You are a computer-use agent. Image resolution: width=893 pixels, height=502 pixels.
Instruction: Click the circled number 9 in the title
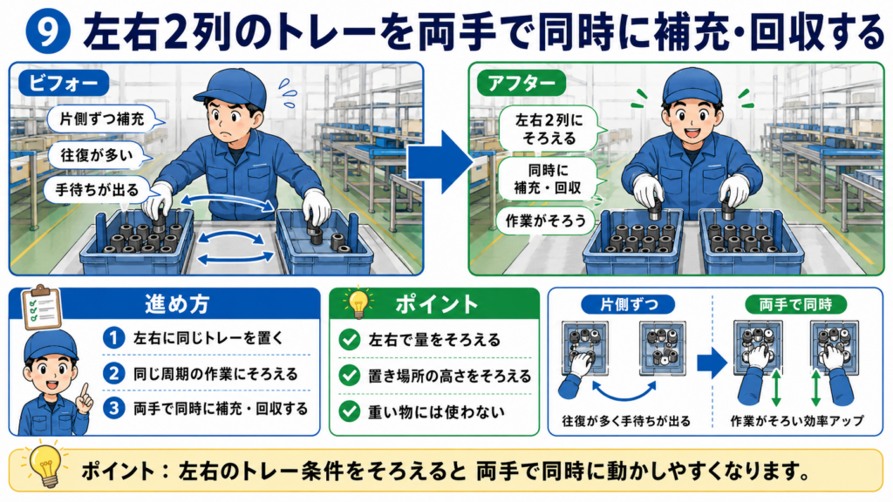point(48,32)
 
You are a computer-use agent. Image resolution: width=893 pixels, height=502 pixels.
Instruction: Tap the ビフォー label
point(63,83)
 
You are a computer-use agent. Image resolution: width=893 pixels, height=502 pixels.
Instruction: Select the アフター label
point(521,83)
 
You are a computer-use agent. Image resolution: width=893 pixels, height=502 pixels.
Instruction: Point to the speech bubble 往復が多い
point(99,155)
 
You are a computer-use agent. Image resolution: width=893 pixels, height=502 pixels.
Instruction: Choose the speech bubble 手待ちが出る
point(97,189)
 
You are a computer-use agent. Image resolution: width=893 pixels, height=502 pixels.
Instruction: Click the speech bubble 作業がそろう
point(545,220)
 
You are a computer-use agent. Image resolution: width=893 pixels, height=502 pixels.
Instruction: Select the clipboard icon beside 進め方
point(42,307)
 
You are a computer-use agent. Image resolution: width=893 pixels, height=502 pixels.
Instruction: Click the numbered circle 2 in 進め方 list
point(114,374)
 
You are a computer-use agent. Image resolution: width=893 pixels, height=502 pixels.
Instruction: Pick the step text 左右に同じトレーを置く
point(208,338)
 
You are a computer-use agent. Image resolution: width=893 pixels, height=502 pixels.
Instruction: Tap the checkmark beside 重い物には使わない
point(349,411)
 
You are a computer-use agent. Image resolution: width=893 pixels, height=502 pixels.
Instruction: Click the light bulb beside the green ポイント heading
point(358,302)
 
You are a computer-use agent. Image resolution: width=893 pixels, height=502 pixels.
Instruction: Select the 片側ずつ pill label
point(628,304)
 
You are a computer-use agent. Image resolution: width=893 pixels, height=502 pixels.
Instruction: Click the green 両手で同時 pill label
point(795,304)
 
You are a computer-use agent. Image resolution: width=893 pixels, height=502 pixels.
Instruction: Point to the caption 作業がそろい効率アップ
point(796,421)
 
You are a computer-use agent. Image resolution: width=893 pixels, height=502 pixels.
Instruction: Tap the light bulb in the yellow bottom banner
point(45,467)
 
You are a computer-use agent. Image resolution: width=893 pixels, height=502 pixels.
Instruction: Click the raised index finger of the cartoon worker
point(85,391)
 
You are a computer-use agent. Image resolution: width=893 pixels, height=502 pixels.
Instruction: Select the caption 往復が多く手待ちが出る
point(626,421)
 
